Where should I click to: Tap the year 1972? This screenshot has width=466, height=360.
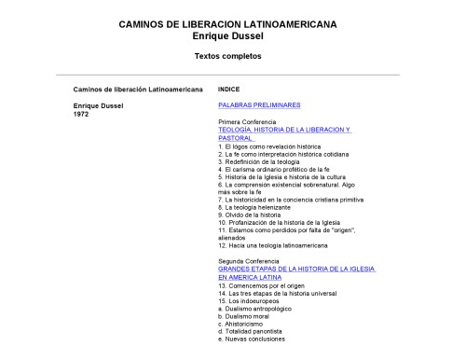click(81, 113)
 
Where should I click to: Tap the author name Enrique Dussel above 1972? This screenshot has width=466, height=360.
click(98, 105)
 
